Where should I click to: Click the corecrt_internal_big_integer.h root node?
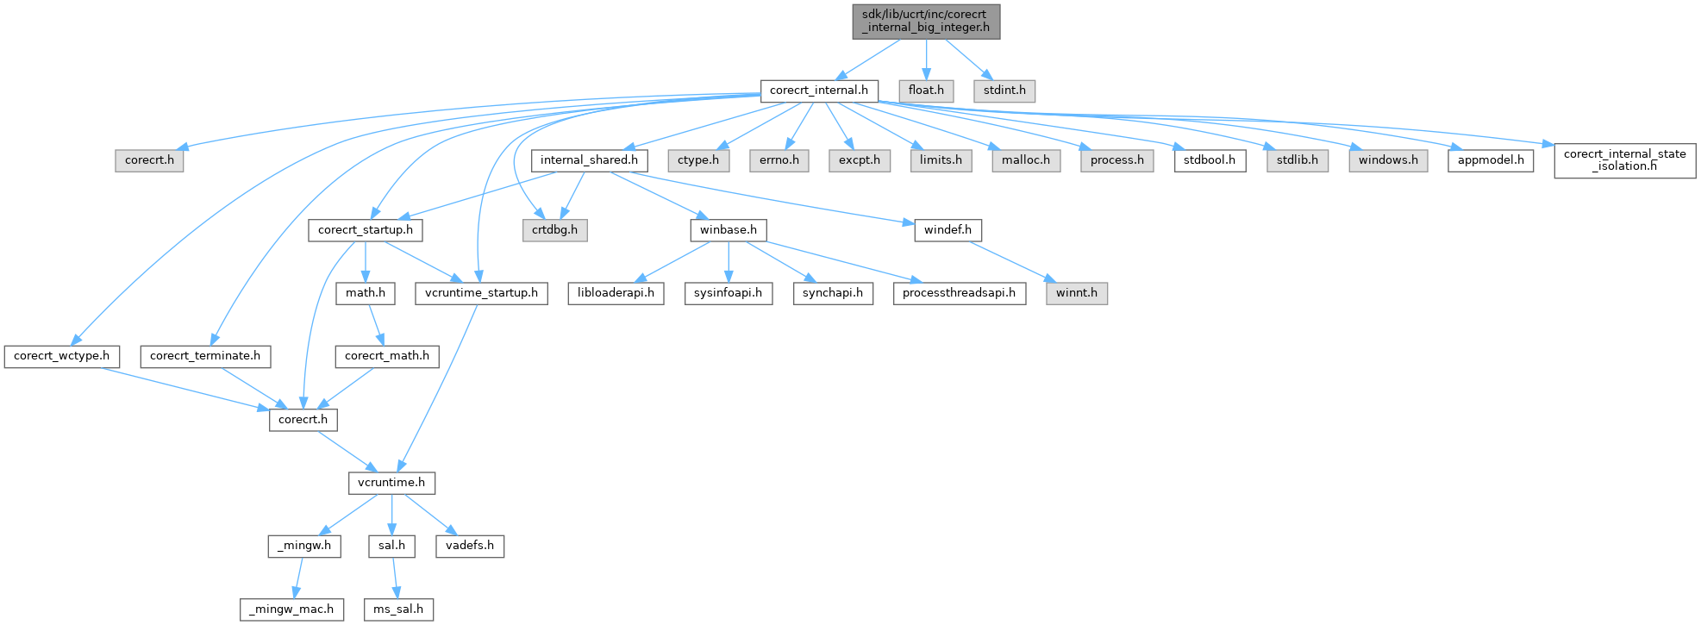[x=926, y=21]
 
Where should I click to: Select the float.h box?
[x=926, y=91]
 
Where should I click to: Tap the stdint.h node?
[x=1004, y=91]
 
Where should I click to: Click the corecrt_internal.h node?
[x=819, y=91]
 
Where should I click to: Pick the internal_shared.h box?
[x=589, y=160]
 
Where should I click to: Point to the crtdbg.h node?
[x=554, y=230]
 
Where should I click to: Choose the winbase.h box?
[x=729, y=230]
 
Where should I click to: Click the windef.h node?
[x=947, y=230]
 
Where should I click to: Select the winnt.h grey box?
[x=1077, y=293]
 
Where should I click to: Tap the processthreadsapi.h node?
[x=959, y=293]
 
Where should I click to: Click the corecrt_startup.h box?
[x=366, y=230]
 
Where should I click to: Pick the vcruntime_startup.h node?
[x=481, y=293]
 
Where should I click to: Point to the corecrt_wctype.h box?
[x=61, y=356]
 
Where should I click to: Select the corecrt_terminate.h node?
[x=205, y=356]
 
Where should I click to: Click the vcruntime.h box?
[x=391, y=483]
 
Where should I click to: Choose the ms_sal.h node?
[x=398, y=609]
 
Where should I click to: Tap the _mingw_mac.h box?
[x=291, y=609]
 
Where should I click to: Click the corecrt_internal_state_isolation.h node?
[x=1625, y=160]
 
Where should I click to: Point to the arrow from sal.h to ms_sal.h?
[x=395, y=578]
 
